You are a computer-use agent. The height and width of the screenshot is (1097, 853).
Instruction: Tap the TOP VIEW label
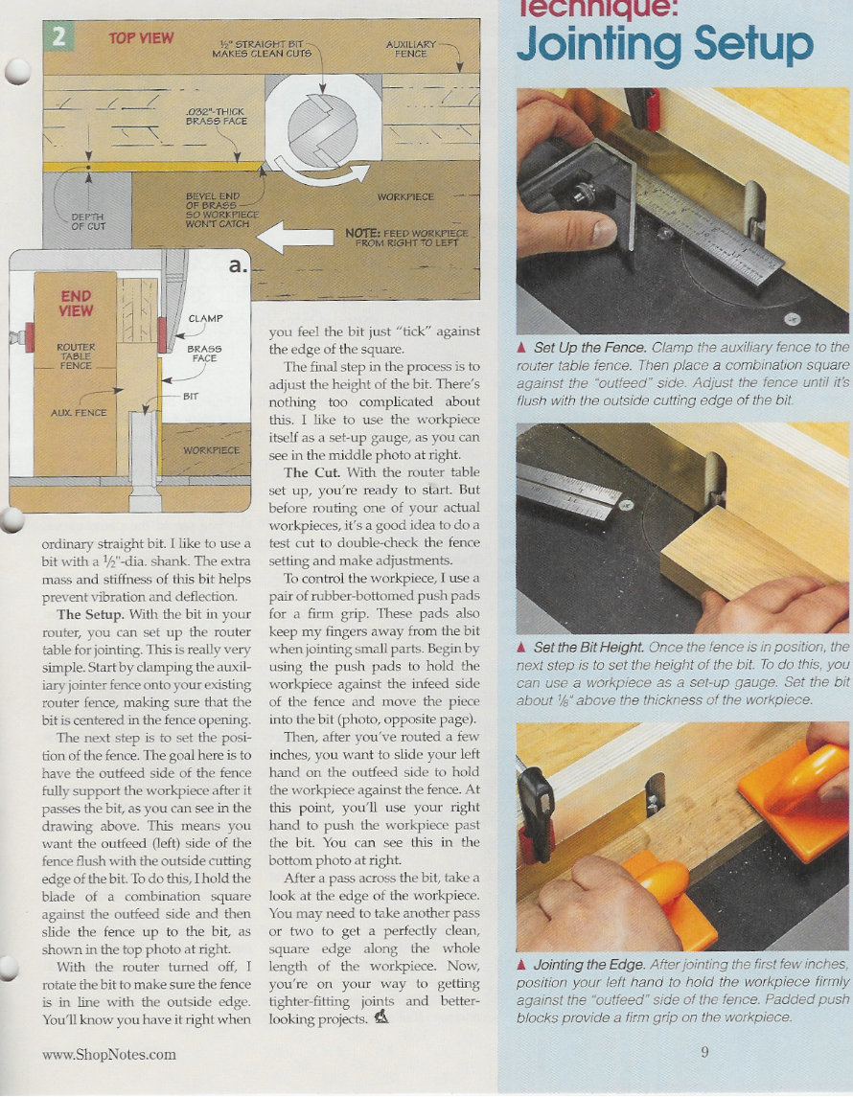click(141, 38)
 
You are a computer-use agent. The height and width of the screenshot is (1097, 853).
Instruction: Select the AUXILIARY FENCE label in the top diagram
click(410, 49)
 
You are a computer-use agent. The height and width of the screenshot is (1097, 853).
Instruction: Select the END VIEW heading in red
click(77, 304)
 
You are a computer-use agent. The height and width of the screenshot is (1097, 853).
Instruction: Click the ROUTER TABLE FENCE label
click(75, 355)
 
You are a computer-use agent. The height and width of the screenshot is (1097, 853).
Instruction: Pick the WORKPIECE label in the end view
click(211, 449)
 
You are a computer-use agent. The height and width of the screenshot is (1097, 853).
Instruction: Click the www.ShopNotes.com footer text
click(109, 1054)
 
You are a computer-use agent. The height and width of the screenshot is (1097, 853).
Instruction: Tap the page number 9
click(704, 1052)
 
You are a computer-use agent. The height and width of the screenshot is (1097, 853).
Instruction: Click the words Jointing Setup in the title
click(664, 43)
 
